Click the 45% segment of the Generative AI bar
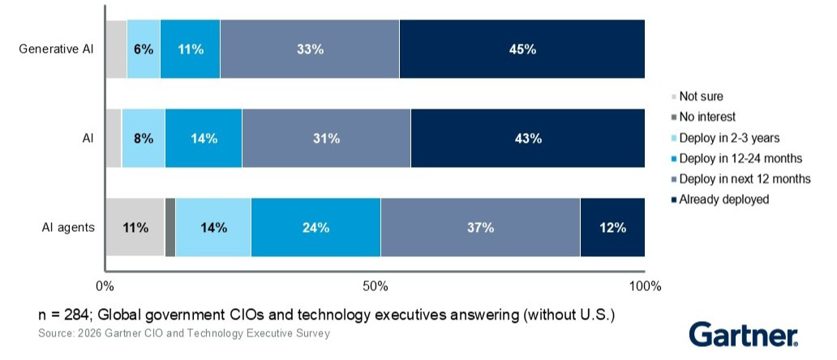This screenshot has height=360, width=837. [522, 49]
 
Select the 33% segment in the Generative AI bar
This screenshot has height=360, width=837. [310, 49]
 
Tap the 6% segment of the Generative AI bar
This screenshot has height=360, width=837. [144, 49]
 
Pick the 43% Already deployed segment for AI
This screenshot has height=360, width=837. [527, 138]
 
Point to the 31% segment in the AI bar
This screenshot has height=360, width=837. [326, 138]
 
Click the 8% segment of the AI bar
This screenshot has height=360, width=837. [144, 138]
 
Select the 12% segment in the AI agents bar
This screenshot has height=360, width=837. [612, 227]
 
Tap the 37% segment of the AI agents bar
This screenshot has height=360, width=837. [480, 227]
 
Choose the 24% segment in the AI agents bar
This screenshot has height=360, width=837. [315, 227]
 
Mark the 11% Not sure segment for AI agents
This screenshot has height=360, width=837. [135, 227]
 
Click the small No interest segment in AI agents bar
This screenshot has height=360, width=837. [170, 227]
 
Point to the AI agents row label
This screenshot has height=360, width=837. [68, 227]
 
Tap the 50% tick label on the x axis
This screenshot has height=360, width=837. [376, 286]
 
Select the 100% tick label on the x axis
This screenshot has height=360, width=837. [645, 286]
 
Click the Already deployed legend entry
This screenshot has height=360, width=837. [723, 199]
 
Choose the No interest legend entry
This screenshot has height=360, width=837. [707, 117]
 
